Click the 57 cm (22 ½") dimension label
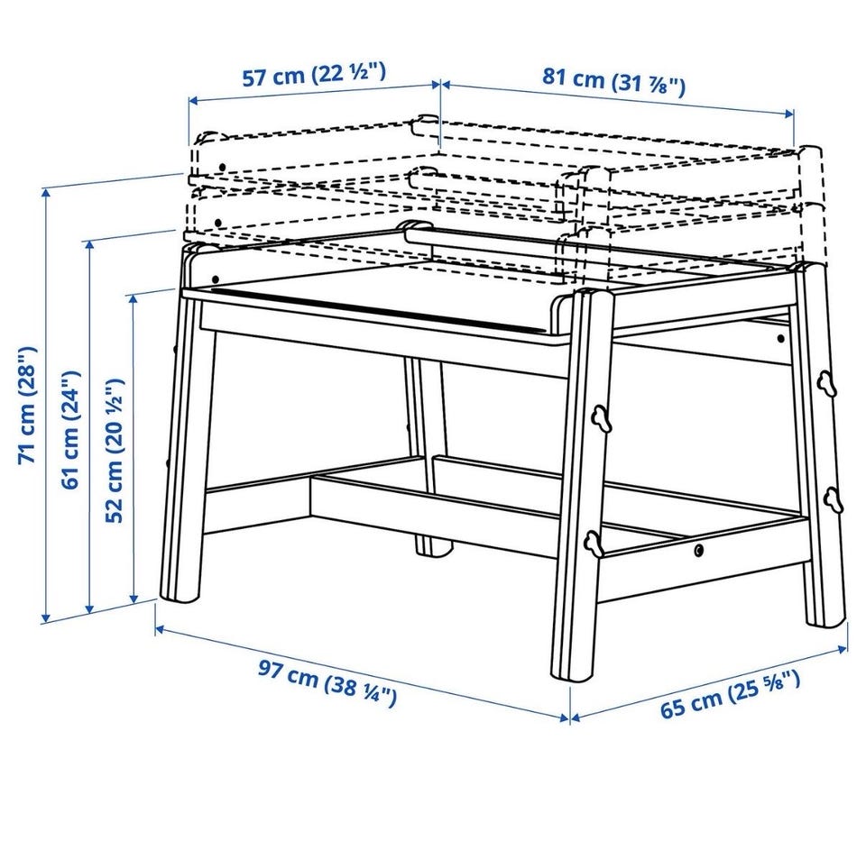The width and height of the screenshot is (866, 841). click(313, 75)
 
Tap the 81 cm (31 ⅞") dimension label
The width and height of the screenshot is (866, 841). click(613, 81)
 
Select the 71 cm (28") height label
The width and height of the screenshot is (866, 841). click(28, 405)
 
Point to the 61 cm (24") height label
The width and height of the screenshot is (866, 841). click(70, 430)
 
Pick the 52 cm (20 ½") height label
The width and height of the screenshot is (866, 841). click(115, 450)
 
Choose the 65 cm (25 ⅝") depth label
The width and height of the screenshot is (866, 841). click(730, 694)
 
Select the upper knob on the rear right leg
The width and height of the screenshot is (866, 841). click(827, 382)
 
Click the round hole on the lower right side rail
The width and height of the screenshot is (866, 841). click(700, 550)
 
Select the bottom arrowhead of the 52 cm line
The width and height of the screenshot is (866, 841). click(134, 599)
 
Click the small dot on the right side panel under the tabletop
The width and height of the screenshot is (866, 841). click(781, 338)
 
